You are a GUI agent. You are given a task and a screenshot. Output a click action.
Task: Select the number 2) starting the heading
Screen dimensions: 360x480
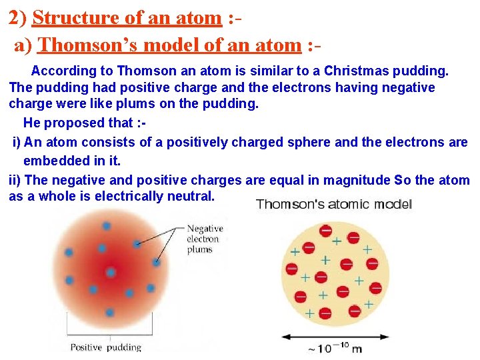(18, 18)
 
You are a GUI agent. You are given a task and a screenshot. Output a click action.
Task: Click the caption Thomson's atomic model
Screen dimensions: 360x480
(333, 204)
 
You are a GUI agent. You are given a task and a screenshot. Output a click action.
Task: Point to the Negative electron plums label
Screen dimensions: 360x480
(204, 239)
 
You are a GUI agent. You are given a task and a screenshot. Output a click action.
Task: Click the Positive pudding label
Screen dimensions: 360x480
(106, 347)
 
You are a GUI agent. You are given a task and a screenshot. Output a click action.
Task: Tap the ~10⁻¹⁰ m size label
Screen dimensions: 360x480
(335, 347)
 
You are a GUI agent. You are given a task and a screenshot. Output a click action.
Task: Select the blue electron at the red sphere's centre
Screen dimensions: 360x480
(111, 273)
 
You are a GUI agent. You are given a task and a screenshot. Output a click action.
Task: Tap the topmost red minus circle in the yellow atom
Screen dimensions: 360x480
(326, 231)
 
